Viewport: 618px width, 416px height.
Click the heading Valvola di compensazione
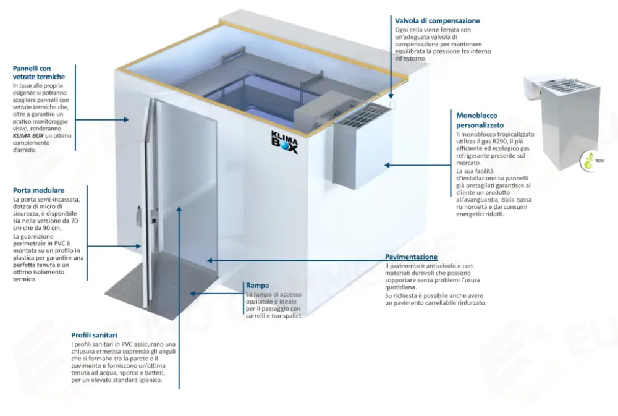tap(437, 20)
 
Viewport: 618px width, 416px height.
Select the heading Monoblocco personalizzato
tap(480, 121)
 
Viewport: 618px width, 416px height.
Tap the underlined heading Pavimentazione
tap(411, 257)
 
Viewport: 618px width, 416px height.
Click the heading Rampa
tap(257, 285)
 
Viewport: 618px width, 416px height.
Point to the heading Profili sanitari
tap(94, 335)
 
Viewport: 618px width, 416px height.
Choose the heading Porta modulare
tap(38, 190)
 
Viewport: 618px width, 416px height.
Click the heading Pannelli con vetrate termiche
tap(38, 72)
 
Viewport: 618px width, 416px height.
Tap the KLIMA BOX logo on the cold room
tap(284, 142)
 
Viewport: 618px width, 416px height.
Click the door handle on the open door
tap(139, 216)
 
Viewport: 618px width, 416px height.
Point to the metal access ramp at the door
tap(161, 288)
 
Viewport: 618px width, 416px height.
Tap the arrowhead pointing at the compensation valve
tap(391, 95)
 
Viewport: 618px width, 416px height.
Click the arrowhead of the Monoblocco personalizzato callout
tap(387, 165)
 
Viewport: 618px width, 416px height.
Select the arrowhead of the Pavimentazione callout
tap(210, 261)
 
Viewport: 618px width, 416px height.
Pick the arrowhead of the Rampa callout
tap(193, 294)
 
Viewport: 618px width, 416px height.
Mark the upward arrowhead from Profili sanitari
tap(179, 209)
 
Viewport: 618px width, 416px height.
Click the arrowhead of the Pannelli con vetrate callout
tap(126, 119)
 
